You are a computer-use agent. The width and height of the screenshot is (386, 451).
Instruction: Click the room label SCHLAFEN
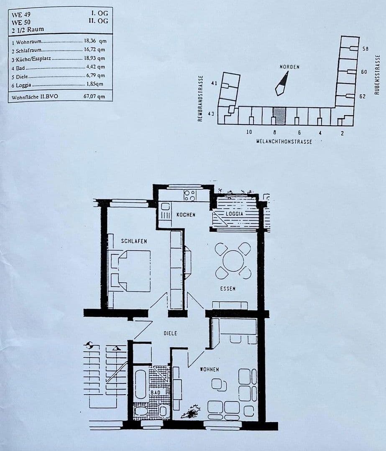tap(134, 241)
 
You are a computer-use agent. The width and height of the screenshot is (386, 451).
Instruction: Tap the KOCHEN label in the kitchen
tap(186, 215)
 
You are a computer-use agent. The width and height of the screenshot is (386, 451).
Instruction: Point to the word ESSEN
tap(228, 289)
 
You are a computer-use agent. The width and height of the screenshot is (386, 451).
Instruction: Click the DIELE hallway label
tap(170, 333)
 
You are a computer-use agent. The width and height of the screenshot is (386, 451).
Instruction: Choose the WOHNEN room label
tap(209, 369)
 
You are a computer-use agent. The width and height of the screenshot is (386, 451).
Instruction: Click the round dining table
tap(233, 261)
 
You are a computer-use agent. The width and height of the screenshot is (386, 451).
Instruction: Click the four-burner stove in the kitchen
tap(190, 195)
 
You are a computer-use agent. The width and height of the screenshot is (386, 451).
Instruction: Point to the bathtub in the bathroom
tap(141, 384)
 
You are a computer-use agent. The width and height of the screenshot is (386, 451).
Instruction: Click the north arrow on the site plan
tap(281, 83)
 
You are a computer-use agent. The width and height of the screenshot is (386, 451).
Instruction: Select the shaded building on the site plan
tap(279, 115)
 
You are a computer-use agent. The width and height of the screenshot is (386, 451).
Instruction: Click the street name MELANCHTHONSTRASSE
tap(284, 142)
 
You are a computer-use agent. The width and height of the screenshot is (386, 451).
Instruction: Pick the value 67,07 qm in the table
tap(92, 96)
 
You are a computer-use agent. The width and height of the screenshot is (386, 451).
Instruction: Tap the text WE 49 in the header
tap(21, 14)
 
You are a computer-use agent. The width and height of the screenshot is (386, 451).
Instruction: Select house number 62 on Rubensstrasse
tap(363, 96)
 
